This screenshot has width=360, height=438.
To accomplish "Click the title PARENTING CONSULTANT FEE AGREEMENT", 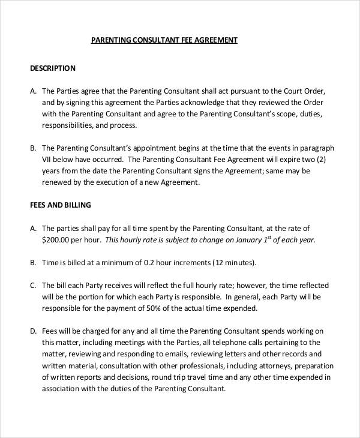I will (x=164, y=40).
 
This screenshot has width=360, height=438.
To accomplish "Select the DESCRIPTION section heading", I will (x=53, y=68).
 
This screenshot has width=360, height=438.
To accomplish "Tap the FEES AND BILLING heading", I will (x=61, y=205).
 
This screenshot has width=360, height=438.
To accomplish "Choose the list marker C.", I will (x=33, y=285).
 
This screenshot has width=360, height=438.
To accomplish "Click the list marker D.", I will (x=33, y=331).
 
